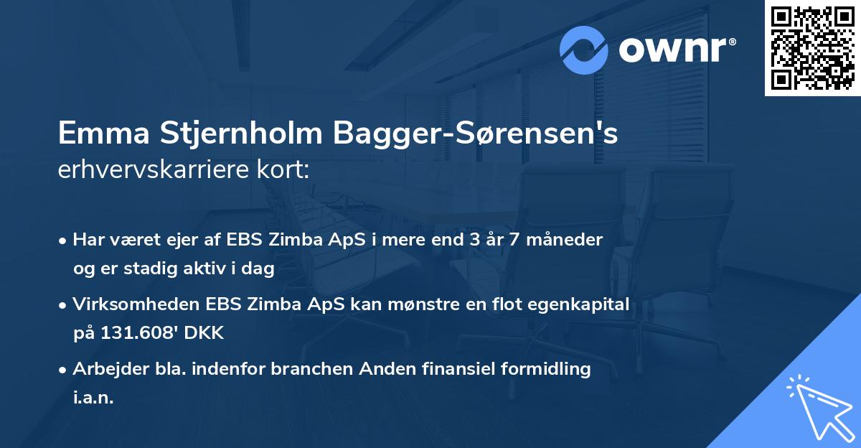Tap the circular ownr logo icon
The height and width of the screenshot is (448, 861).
[x=584, y=50]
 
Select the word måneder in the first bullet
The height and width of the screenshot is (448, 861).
[x=569, y=240]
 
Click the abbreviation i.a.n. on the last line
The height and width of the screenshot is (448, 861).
[x=93, y=398]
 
